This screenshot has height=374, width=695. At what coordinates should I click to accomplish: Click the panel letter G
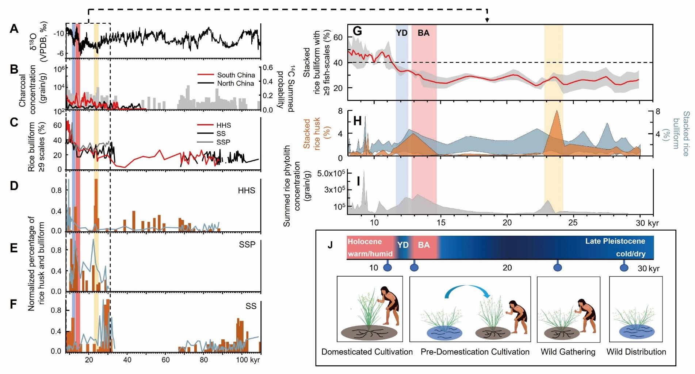(x=357, y=31)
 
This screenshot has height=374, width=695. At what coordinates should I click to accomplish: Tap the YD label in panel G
(x=401, y=33)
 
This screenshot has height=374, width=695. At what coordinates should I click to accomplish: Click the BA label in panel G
(x=423, y=33)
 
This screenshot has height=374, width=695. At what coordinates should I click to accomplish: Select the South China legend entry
(x=236, y=75)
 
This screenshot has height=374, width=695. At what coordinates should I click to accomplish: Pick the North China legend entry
(x=235, y=84)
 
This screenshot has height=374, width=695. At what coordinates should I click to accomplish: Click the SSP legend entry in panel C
(x=223, y=142)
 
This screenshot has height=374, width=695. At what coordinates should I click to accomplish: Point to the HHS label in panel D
(x=246, y=190)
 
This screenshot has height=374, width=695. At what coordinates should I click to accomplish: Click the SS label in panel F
(x=251, y=306)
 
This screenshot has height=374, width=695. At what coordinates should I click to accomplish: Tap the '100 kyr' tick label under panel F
(x=248, y=360)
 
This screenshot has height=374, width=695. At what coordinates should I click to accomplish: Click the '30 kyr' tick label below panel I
(x=647, y=223)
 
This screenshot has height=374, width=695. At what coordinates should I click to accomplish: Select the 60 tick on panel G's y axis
(x=338, y=37)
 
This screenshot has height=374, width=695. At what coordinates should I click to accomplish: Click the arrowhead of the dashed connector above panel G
(x=487, y=20)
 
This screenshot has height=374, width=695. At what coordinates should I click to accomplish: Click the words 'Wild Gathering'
(x=568, y=352)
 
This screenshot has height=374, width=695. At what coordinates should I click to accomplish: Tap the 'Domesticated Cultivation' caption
(x=367, y=352)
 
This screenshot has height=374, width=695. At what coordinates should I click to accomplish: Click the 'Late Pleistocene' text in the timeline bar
(x=615, y=241)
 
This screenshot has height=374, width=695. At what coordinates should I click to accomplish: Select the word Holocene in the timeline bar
(x=364, y=242)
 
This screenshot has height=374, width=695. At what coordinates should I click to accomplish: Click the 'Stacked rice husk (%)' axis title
(x=311, y=133)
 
